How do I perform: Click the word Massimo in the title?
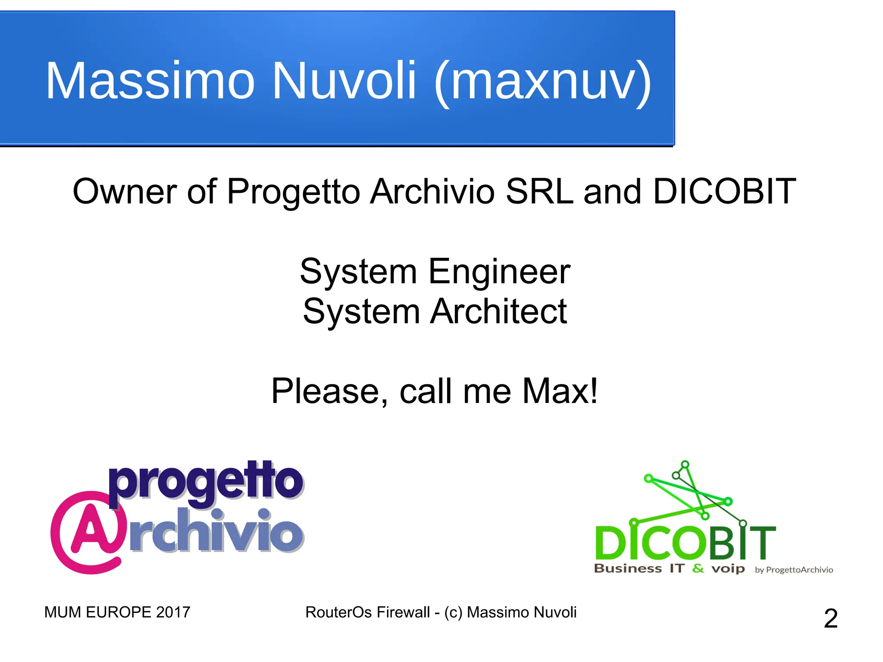click(150, 81)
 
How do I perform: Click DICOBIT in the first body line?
click(724, 191)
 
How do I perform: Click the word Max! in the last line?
click(560, 391)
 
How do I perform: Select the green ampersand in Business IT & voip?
click(698, 569)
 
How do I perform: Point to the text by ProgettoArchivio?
click(794, 570)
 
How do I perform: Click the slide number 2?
click(830, 618)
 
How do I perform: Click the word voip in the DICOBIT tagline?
click(728, 569)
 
